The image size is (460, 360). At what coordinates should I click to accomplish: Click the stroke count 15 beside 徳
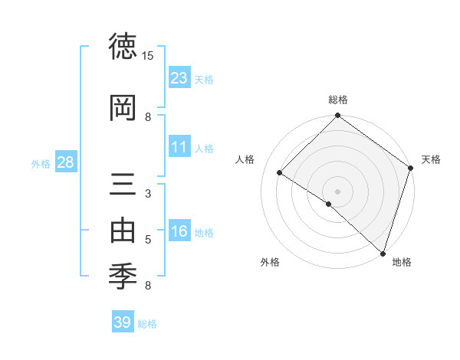148,56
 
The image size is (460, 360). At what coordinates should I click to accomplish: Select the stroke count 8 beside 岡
148,116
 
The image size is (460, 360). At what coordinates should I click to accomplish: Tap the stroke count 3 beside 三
148,193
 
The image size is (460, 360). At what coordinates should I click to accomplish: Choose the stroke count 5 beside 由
148,240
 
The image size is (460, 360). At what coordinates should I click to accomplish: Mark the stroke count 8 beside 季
148,286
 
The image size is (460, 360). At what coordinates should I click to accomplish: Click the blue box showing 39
122,322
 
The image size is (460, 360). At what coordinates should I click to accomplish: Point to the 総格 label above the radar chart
337,100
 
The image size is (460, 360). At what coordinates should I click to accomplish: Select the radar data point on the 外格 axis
329,204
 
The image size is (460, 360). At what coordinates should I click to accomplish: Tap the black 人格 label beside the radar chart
245,159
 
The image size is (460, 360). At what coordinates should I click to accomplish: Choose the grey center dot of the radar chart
337,191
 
